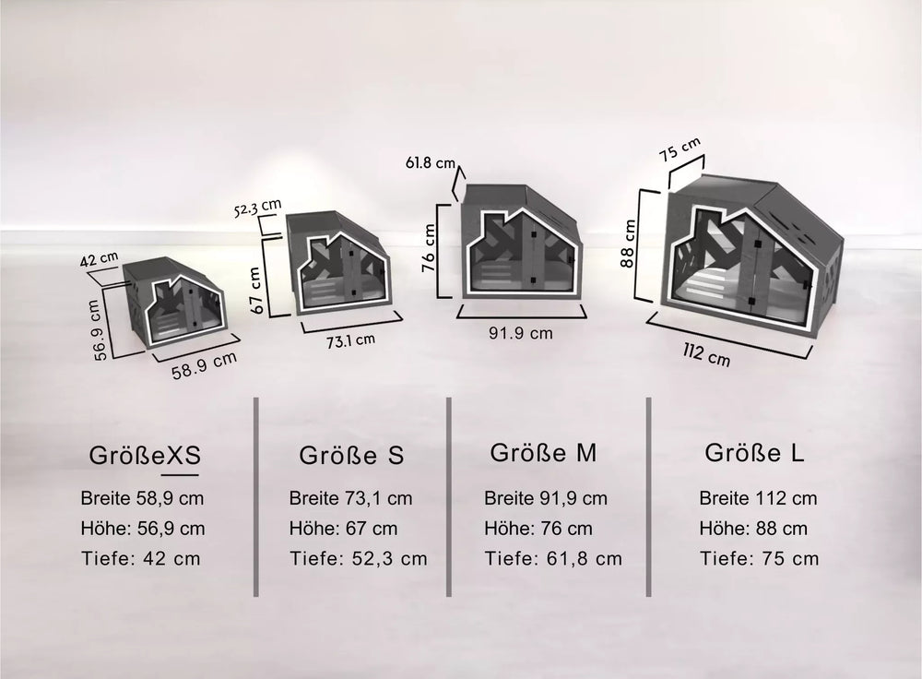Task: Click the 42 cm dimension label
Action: [x=99, y=259]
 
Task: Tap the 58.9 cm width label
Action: [x=204, y=365]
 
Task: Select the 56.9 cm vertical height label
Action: [x=99, y=329]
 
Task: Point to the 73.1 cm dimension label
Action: [x=350, y=340]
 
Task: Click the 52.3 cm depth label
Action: [x=257, y=208]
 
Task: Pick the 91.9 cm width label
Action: [x=520, y=333]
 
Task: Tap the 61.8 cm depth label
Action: [x=431, y=161]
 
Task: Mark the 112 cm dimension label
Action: [x=706, y=354]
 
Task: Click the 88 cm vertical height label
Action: [x=628, y=244]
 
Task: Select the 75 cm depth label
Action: [x=680, y=149]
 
